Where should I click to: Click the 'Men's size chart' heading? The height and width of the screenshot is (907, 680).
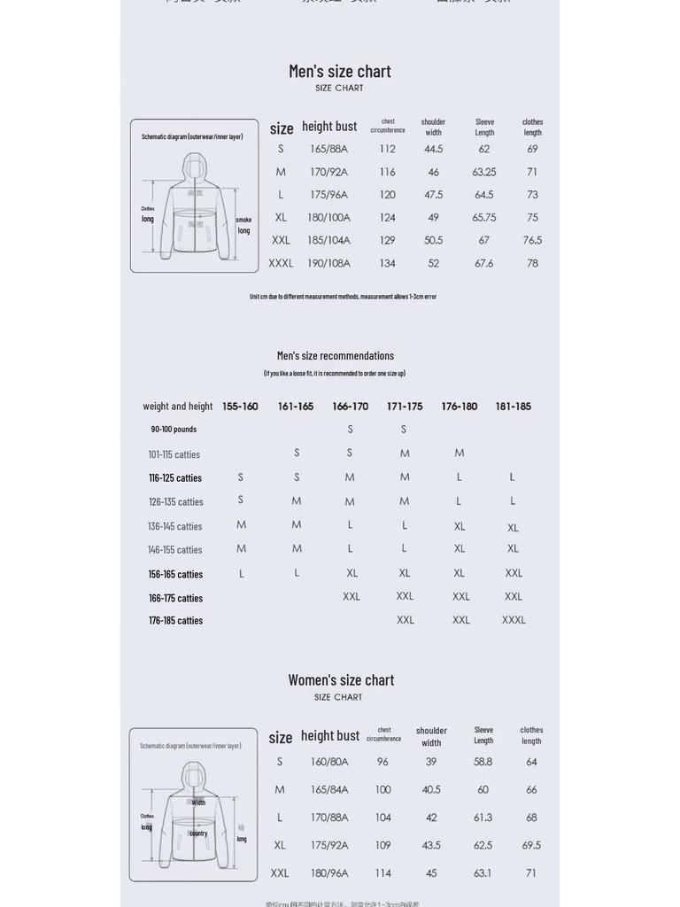[x=340, y=71]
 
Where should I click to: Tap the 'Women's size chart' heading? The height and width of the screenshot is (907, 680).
[x=341, y=680]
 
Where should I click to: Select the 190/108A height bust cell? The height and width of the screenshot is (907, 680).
[x=328, y=263]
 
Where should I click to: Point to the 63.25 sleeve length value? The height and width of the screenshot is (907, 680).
[x=484, y=172]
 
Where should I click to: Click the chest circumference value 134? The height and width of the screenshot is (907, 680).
[x=387, y=263]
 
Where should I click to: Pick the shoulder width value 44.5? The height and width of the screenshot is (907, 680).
[x=433, y=149]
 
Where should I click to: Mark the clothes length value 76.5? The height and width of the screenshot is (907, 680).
[x=532, y=240]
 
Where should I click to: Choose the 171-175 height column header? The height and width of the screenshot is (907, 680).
[x=405, y=407]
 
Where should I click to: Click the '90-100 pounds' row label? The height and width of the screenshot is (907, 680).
[x=174, y=430]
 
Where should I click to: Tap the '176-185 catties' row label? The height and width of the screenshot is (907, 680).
[x=175, y=621]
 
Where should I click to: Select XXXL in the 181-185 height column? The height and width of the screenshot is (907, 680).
[x=514, y=620]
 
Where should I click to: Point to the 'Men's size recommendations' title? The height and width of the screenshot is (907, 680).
[x=336, y=356]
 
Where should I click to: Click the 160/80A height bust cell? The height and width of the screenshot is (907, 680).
[x=329, y=762]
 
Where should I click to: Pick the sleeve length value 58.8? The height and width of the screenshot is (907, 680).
[x=483, y=762]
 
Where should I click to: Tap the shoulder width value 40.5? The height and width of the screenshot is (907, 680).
[x=431, y=789]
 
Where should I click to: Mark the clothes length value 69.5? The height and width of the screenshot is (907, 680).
[x=531, y=845]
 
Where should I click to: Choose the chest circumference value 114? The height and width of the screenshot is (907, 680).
[x=382, y=872]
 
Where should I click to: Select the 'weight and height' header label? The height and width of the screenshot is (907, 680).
[x=178, y=407]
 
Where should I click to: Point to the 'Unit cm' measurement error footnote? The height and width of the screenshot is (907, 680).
[x=343, y=297]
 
